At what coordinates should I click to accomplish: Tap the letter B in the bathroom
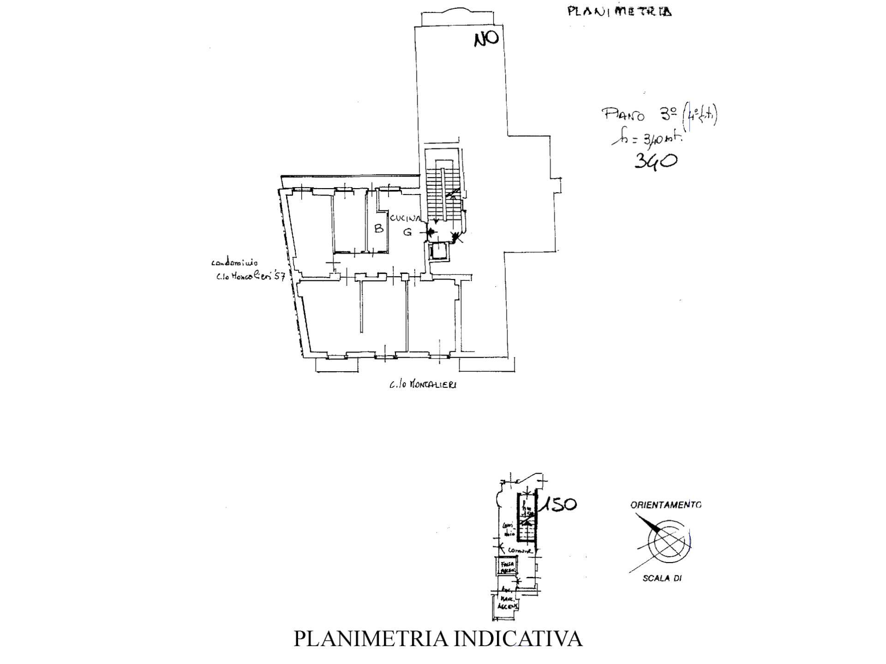[378, 228]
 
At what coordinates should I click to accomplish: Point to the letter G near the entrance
[407, 232]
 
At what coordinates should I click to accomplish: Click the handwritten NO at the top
[486, 39]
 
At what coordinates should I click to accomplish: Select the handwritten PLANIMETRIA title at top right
[619, 11]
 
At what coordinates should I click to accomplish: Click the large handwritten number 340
[655, 161]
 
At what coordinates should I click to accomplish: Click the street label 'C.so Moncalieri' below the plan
[423, 384]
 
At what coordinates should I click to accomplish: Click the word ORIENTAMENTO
[665, 505]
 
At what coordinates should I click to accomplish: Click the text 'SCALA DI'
[662, 578]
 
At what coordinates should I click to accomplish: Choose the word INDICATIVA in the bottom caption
[518, 639]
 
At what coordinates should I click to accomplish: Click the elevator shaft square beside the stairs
[436, 252]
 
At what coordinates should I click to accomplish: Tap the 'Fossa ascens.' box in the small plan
[506, 566]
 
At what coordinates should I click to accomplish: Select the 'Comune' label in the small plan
[520, 551]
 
